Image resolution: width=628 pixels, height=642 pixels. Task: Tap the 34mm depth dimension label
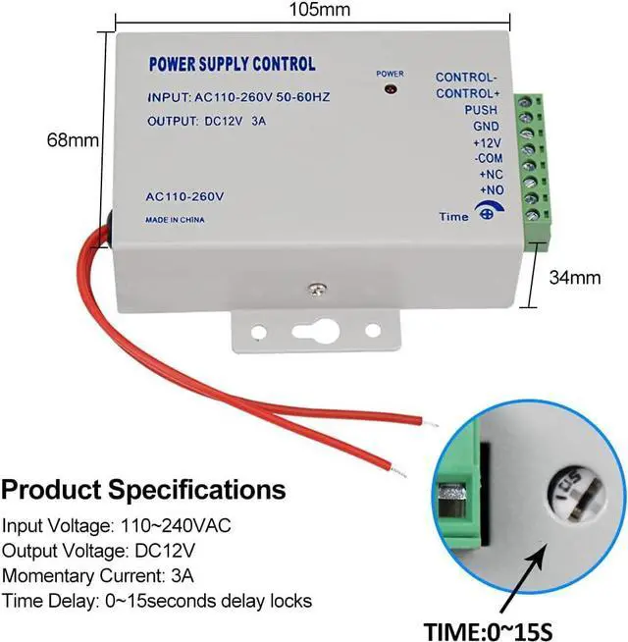(574, 278)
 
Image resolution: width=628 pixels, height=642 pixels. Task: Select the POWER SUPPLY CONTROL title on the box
(232, 65)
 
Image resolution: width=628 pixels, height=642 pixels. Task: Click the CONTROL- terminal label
(465, 78)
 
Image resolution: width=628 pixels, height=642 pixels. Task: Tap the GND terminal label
(485, 126)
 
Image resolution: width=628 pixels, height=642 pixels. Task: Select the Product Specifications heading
(144, 489)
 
